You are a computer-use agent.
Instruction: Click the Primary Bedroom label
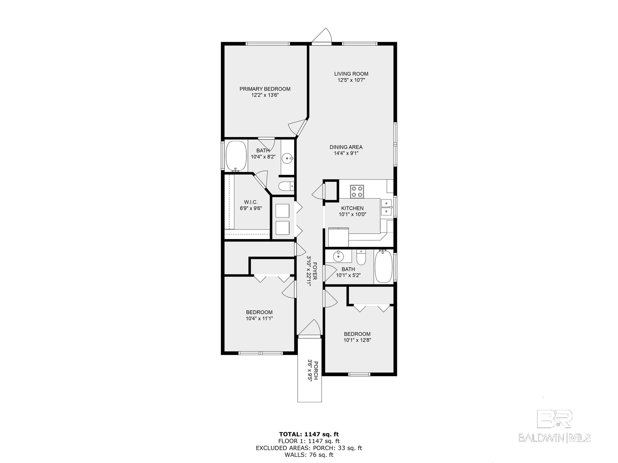tap(265, 89)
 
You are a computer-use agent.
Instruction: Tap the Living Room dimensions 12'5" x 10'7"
tap(351, 80)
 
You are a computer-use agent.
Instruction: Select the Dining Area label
tap(346, 147)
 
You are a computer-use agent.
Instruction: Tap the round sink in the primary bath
tap(288, 158)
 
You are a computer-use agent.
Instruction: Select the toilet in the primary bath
tap(286, 186)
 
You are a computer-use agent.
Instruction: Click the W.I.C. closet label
tap(251, 202)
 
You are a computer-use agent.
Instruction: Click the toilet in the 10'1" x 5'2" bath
tap(361, 257)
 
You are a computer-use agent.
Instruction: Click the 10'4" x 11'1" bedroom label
tap(259, 312)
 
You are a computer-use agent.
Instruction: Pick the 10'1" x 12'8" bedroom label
tap(357, 334)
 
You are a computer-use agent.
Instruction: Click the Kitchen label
tap(352, 208)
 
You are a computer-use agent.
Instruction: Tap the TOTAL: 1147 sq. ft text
tap(309, 434)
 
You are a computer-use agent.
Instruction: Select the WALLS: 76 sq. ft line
tap(309, 455)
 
